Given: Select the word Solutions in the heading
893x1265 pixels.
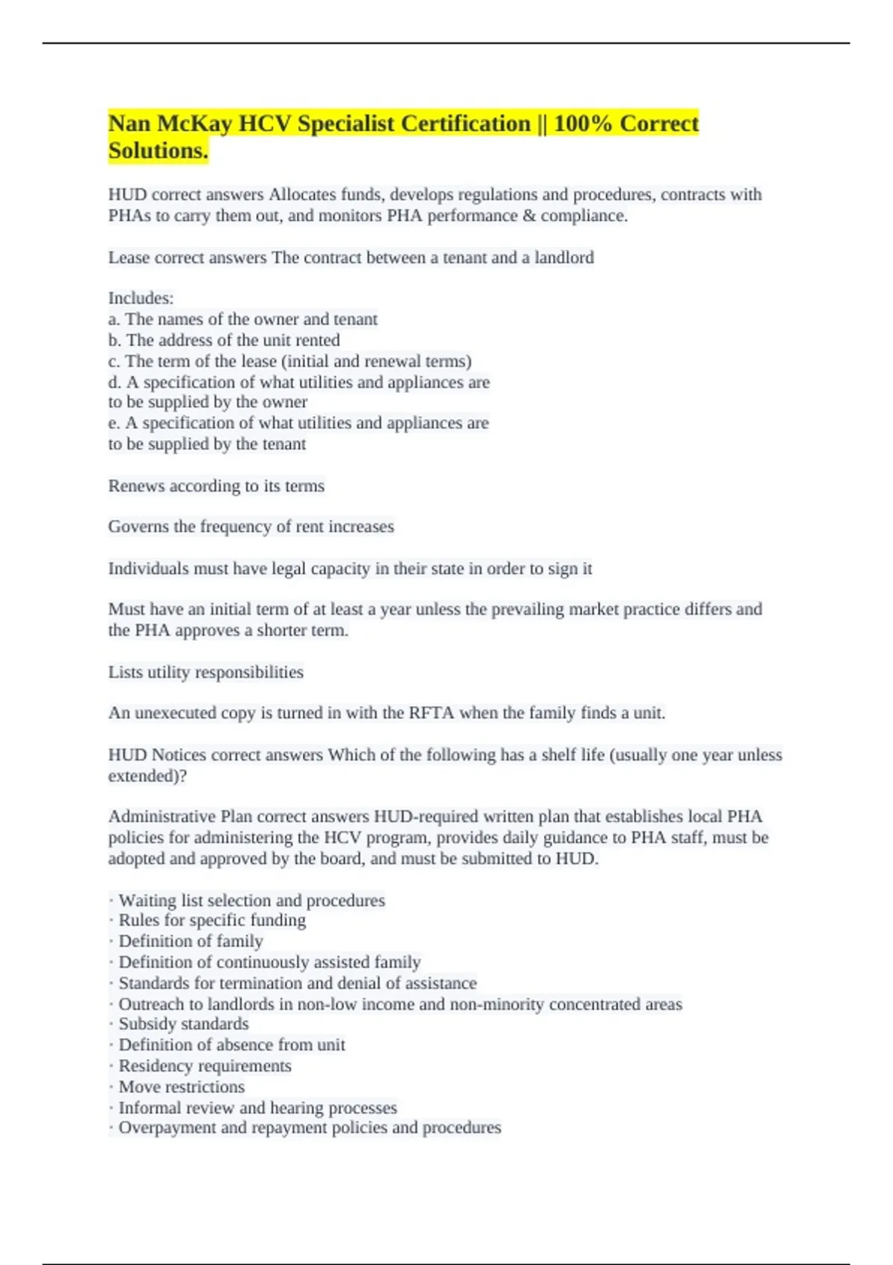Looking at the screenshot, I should (x=156, y=151).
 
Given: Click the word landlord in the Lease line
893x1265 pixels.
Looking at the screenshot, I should (x=564, y=257).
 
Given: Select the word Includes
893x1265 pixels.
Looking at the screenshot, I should (x=140, y=298).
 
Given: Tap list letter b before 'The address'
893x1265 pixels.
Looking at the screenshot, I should (x=113, y=340).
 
